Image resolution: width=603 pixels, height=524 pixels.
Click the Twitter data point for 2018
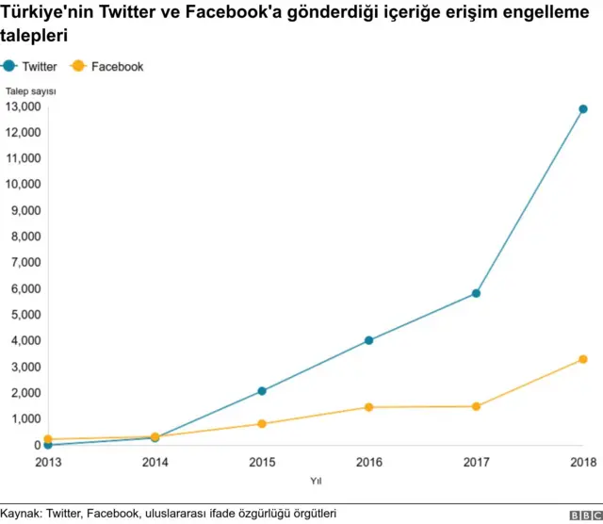pos(583,109)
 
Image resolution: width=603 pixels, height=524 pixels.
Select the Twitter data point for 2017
pos(477,293)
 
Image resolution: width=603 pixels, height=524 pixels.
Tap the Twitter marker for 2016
pos(369,340)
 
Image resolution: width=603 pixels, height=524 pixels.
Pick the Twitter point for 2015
pos(262,391)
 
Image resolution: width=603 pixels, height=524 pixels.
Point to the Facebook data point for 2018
pos(583,359)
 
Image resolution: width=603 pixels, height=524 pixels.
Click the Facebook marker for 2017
pos(477,406)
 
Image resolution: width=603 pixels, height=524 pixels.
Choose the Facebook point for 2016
pos(369,407)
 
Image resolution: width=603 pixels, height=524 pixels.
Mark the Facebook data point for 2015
pos(262,424)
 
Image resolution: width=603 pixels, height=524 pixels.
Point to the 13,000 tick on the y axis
pos(23,106)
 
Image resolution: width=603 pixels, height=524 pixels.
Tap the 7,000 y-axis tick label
pos(25,263)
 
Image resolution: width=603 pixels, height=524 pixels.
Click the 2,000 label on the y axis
pos(25,393)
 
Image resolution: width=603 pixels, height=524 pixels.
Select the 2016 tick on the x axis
pos(369,462)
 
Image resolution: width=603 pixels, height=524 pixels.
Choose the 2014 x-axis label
pos(155,462)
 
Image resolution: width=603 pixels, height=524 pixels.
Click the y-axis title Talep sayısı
pos(31,91)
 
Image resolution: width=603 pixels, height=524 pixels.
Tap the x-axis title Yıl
pos(316,482)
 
